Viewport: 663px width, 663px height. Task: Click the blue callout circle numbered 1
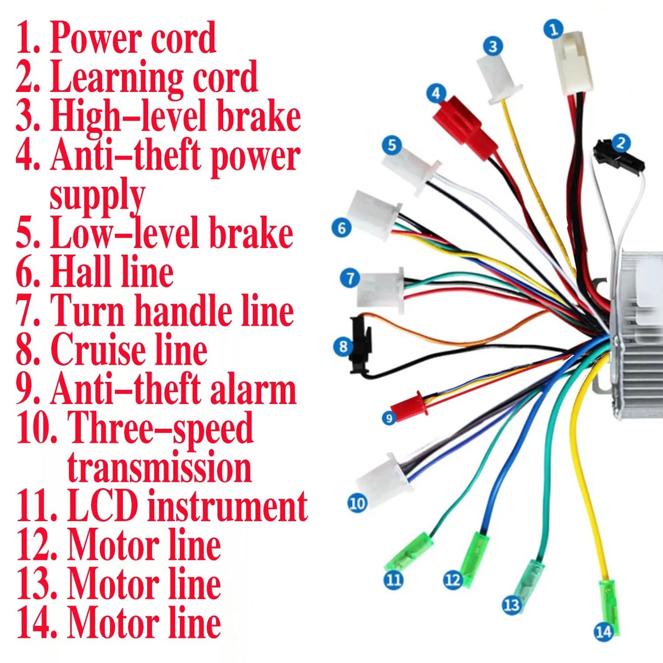tap(553, 29)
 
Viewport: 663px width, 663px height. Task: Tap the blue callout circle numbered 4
tap(436, 94)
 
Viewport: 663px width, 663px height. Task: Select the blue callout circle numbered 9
tap(389, 418)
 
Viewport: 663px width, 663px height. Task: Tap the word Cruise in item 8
tap(98, 349)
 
